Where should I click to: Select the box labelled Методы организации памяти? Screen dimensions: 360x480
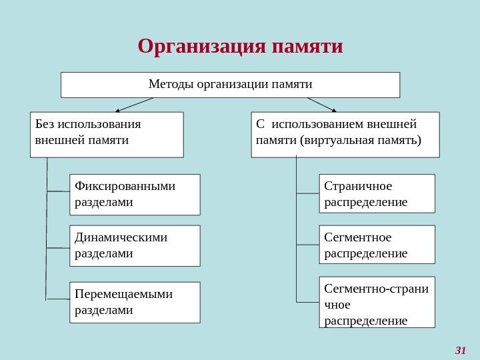coord(230,85)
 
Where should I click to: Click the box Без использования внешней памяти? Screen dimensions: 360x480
coord(107,134)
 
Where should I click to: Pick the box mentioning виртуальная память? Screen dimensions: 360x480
coord(345,134)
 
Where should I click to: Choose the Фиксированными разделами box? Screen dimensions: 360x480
coord(135,195)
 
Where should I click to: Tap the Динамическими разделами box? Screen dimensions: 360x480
coord(135,245)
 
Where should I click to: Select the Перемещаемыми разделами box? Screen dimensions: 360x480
coord(135,302)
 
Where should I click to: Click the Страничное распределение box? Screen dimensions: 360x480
coord(377,193)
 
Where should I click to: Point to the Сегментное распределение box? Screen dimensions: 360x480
coord(377,245)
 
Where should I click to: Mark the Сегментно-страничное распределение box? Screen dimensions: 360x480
coord(377,302)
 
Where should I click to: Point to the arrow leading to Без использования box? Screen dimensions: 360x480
coord(133,105)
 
